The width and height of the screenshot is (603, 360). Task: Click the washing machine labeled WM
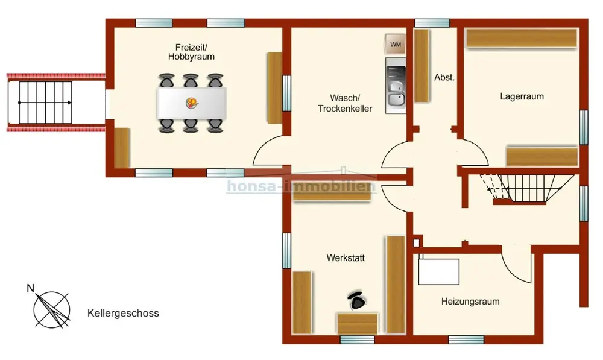[396, 44]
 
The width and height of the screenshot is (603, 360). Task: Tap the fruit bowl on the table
[192, 103]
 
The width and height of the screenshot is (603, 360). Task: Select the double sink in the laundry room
[396, 93]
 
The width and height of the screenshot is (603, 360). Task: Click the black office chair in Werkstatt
[357, 300]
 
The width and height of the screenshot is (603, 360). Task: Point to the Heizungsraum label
[470, 302]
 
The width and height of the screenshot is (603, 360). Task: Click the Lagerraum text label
[522, 96]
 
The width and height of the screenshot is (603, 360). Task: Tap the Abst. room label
[444, 77]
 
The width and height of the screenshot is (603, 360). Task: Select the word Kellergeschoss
[123, 313]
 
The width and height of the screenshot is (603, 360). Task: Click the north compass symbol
[52, 310]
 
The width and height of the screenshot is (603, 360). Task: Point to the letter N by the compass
[30, 288]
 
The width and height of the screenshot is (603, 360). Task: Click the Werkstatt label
[346, 257]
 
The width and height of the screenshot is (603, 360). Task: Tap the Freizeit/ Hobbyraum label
[191, 52]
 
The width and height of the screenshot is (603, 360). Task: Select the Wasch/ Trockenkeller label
[345, 103]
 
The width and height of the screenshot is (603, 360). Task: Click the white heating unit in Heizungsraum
[439, 271]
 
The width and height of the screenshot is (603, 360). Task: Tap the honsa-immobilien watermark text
[301, 186]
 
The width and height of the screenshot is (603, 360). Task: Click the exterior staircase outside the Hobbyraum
[45, 103]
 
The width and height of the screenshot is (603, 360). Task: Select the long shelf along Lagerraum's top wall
[522, 38]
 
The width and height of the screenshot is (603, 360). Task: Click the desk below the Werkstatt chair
[357, 323]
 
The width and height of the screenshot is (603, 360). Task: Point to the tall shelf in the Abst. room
[421, 65]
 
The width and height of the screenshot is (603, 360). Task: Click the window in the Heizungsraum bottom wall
[466, 339]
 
